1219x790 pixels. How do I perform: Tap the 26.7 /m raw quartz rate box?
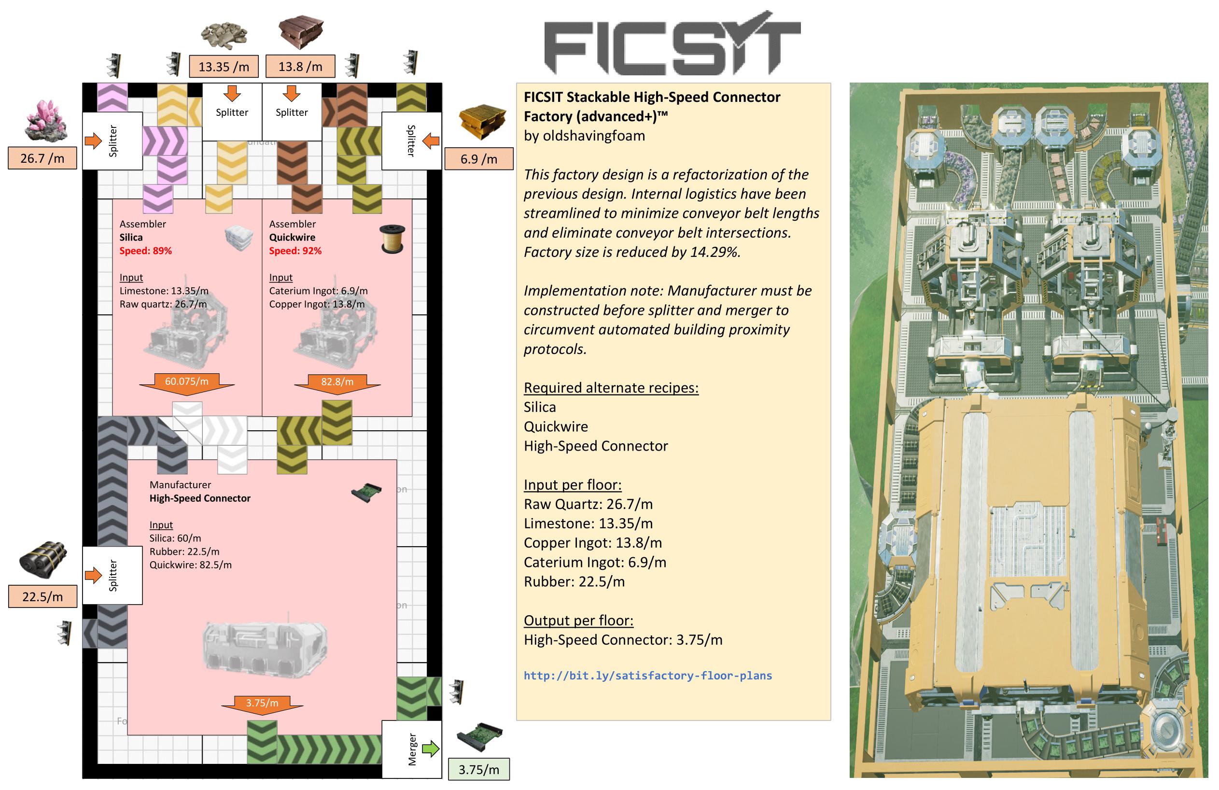[x=42, y=158]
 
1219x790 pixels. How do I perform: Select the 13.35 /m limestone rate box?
[x=224, y=67]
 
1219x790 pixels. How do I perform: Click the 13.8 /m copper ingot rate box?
[x=300, y=67]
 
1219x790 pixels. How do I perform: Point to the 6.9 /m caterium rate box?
[x=478, y=159]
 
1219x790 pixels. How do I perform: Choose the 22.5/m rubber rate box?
[x=42, y=596]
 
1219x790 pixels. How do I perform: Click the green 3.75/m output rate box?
[x=478, y=770]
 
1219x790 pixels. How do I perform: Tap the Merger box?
[x=412, y=749]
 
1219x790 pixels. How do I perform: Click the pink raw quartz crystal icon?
[x=45, y=120]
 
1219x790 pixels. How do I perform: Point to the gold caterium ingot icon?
[x=482, y=121]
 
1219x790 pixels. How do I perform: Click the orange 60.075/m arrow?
[x=186, y=383]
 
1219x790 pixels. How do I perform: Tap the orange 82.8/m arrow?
[x=337, y=383]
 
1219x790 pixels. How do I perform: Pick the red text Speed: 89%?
[x=145, y=251]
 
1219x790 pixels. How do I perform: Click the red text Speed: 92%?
[x=295, y=251]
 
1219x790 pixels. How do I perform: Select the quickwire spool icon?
[x=393, y=239]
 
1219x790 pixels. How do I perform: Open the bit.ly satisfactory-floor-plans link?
[x=647, y=675]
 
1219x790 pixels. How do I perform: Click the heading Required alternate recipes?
[x=611, y=387]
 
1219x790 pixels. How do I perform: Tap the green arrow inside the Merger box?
[x=430, y=749]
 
